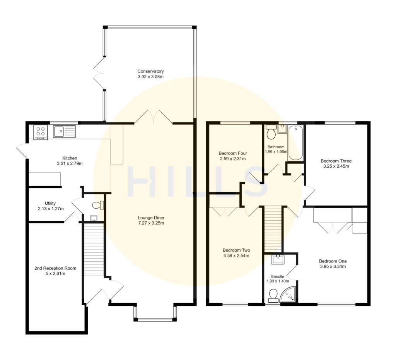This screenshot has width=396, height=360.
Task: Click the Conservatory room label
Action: pos(150,71)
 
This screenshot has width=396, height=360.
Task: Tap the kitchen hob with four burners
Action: pos(41,132)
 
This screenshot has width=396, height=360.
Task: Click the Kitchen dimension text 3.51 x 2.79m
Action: pos(70,163)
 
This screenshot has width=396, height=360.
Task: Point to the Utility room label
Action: pos(50,203)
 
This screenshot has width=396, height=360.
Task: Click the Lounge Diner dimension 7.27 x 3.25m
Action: pos(150,223)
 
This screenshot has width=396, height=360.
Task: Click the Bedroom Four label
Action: pos(232,153)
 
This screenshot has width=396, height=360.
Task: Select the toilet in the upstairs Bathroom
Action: pos(271,132)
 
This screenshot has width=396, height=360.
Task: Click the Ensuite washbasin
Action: pos(277,259)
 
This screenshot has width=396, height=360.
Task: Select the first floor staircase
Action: pos(273,228)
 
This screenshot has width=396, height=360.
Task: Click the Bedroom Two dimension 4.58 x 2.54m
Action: pos(236,255)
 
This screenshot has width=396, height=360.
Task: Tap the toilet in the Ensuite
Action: pos(273,295)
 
